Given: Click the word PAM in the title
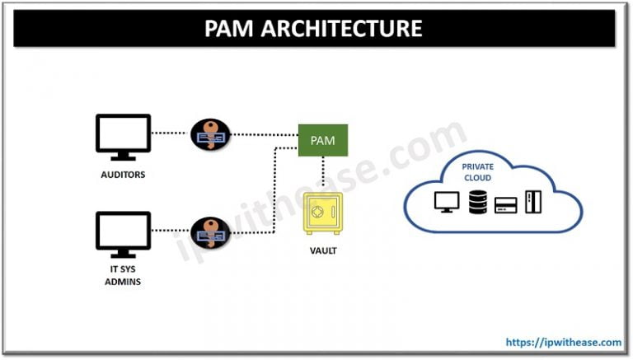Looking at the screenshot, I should point(232,30).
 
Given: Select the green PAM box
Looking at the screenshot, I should point(322,140).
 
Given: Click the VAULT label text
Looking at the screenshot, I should point(322,250).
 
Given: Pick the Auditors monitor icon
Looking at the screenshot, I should point(124,137).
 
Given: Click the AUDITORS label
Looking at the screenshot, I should point(124,175).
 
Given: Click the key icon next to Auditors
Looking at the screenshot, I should point(211,134).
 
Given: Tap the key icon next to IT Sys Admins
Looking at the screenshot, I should point(211,231).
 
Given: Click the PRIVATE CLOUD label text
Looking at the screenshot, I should point(477,172).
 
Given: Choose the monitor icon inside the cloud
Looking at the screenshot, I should point(445,201).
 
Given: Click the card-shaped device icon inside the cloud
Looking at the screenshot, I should point(505,204).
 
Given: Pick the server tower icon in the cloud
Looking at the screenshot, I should point(534,201).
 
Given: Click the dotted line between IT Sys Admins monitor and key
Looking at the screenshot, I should point(171,231).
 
